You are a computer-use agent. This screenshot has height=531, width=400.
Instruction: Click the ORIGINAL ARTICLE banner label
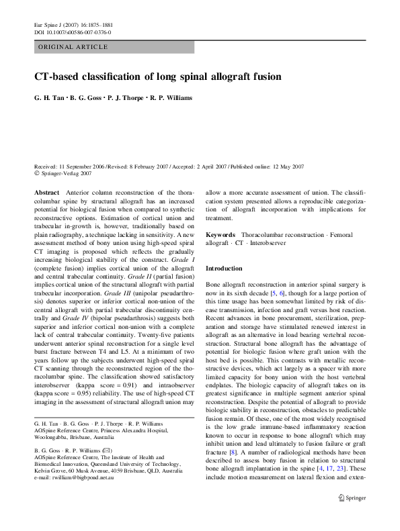point(73,47)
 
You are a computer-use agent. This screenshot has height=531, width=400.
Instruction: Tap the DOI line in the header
point(73,32)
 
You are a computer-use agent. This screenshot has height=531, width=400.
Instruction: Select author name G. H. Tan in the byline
point(50,97)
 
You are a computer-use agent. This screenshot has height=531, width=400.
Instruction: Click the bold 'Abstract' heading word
point(46,193)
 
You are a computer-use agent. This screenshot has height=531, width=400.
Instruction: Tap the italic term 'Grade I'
point(184,258)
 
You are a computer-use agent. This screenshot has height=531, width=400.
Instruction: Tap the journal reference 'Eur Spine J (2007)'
point(59,23)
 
